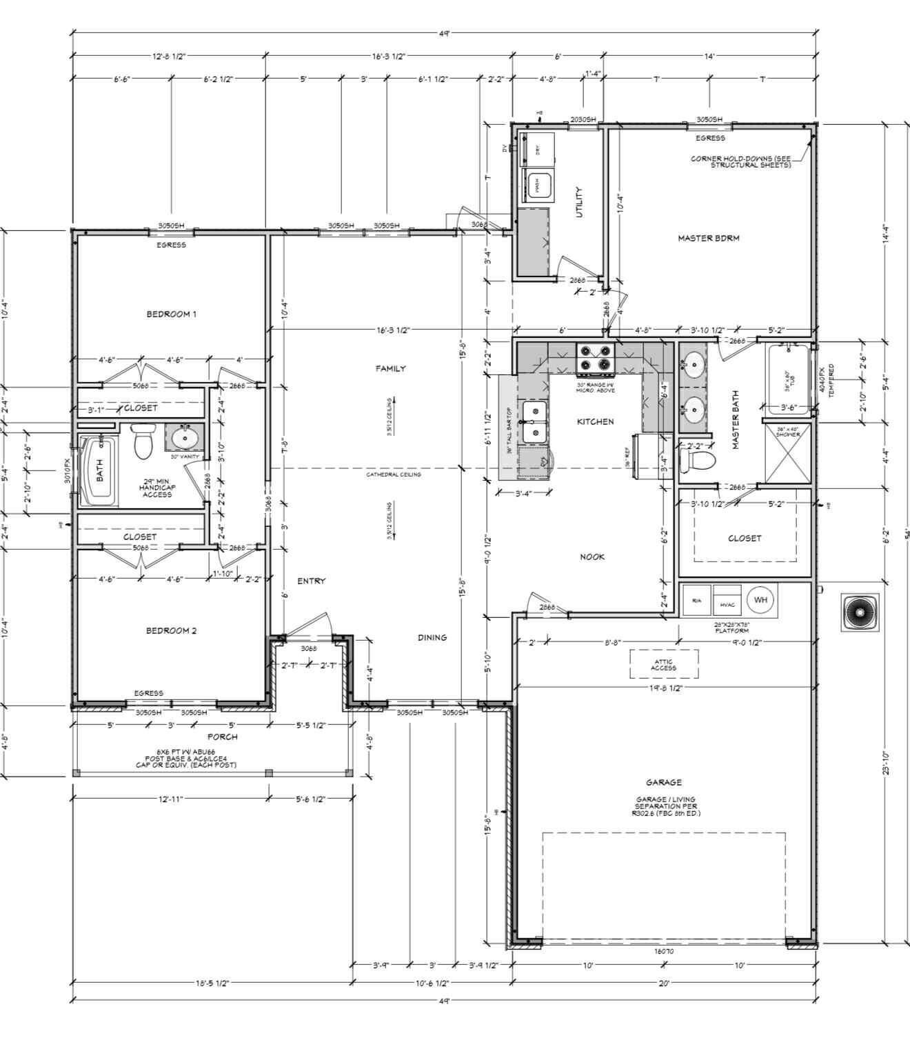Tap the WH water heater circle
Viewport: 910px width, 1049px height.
760,600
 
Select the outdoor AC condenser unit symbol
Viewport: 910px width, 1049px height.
859,612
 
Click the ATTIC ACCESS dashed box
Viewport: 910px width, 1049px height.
663,664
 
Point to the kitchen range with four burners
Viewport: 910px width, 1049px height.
596,358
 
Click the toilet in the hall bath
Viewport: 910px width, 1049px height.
143,442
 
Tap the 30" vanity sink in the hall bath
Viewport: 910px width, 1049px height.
184,437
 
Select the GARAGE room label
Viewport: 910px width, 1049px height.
663,782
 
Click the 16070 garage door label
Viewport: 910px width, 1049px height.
663,951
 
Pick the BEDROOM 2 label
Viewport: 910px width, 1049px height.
171,630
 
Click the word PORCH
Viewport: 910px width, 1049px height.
222,737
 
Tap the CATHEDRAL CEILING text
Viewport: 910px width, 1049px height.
393,474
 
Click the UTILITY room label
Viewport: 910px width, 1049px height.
579,201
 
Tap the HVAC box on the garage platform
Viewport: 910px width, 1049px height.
727,603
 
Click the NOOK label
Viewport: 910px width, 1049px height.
591,557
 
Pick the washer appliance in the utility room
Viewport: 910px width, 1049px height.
537,185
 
